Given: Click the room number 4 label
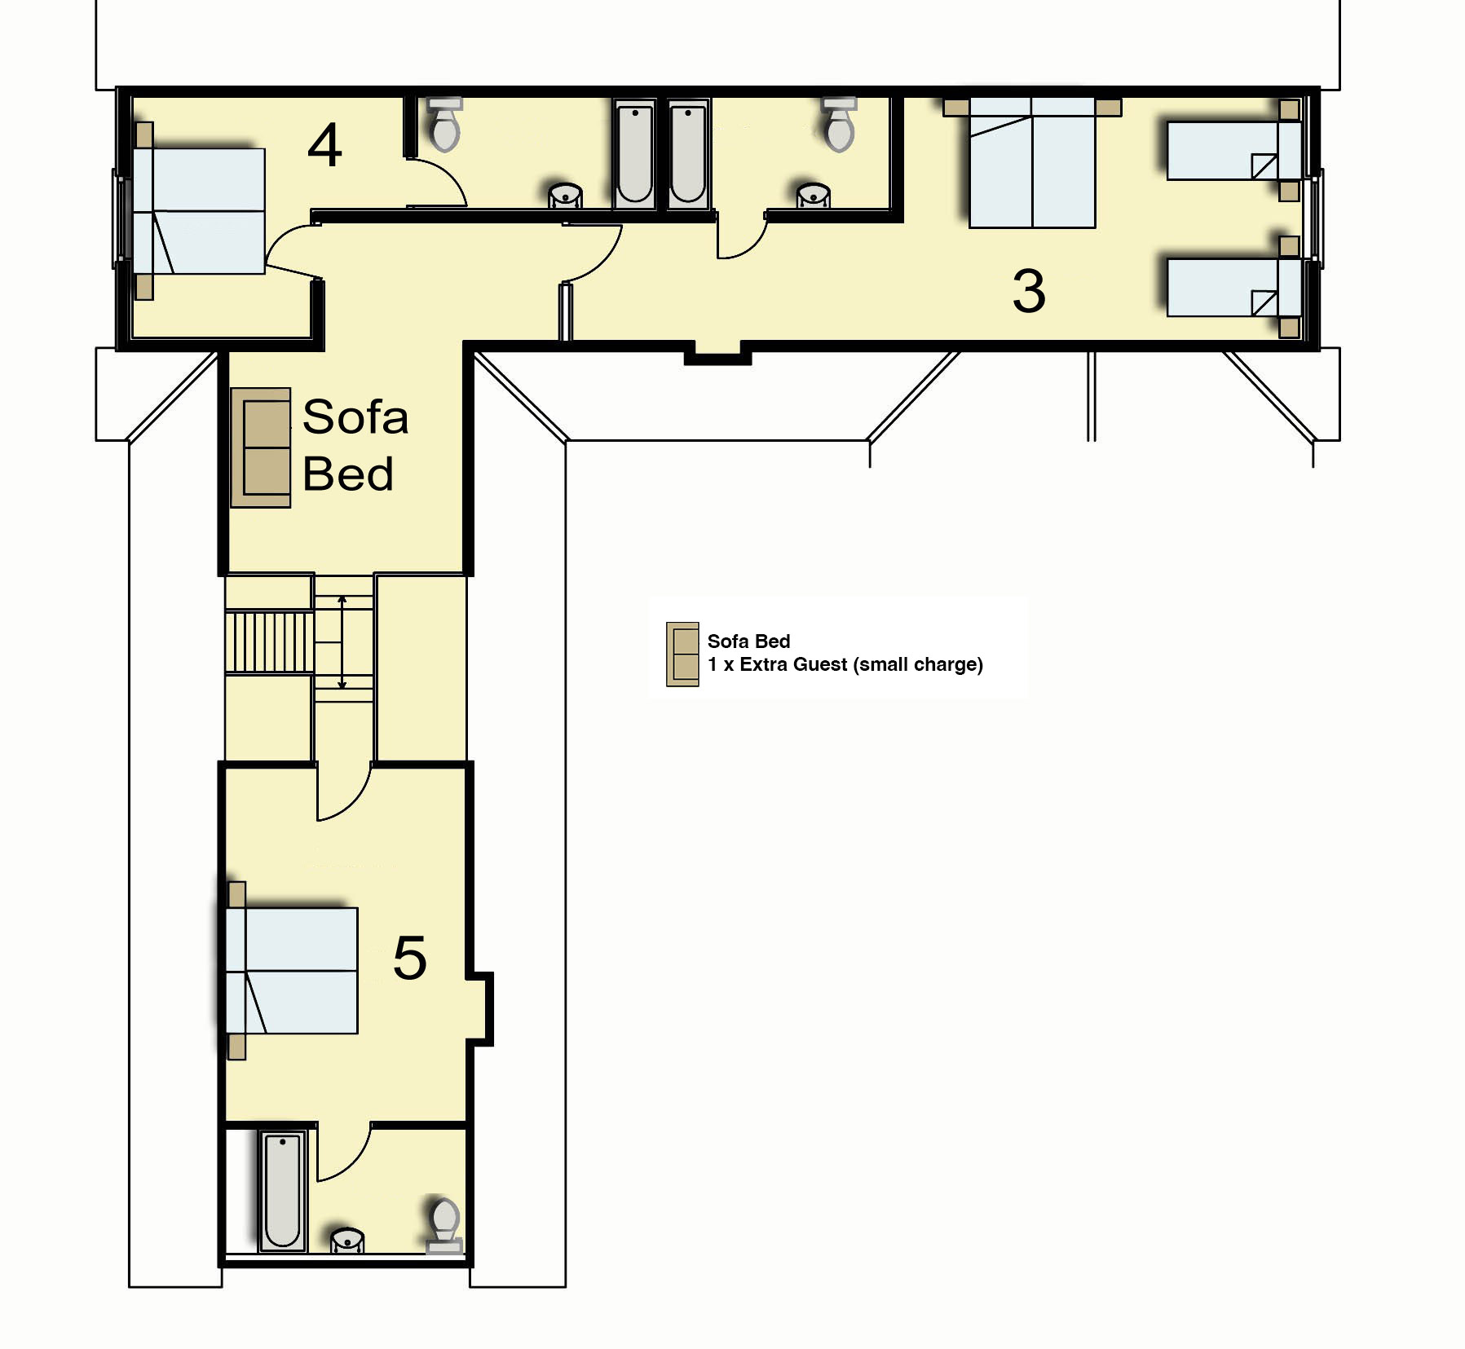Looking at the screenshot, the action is [324, 146].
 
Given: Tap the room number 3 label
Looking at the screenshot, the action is [1029, 291].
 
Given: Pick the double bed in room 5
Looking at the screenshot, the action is [291, 971].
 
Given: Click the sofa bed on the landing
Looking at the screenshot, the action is [261, 447].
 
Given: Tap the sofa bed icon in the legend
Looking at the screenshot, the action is [682, 655].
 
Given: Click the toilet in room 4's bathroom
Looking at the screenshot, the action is [444, 125].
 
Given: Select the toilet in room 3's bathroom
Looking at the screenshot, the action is [839, 125].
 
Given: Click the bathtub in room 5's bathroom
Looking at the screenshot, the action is [282, 1191].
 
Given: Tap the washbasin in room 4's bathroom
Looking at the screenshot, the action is [565, 196].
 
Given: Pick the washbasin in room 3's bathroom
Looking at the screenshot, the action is [813, 196].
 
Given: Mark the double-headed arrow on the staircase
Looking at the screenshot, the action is [342, 642].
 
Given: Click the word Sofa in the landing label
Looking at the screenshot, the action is [355, 417].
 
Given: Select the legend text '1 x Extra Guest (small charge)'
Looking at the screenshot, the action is [845, 665].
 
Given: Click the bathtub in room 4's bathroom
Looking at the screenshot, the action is [634, 153].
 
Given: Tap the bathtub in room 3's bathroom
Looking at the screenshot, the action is [689, 153].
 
